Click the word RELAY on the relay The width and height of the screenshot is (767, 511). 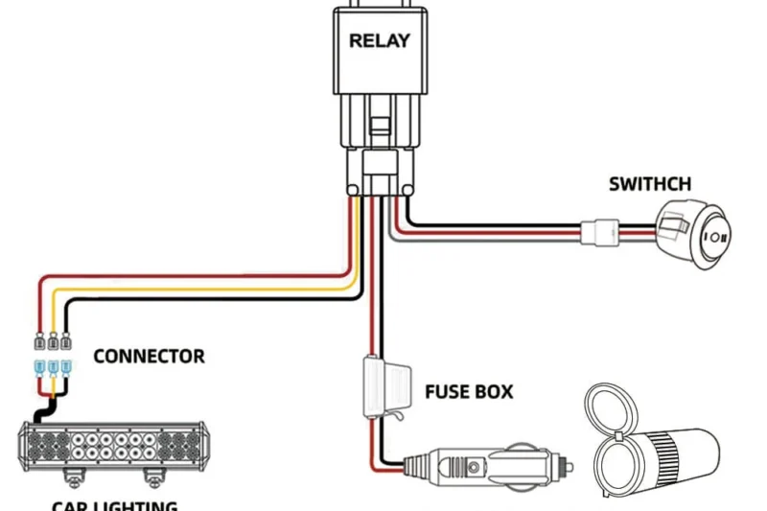coord(380,40)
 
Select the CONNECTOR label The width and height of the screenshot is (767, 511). coord(149,357)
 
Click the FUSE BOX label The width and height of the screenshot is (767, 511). coord(469,392)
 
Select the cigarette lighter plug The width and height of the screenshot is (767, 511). coord(479,467)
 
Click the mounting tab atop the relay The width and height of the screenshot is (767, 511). coord(380,5)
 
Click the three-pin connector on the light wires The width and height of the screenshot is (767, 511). coord(52,354)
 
